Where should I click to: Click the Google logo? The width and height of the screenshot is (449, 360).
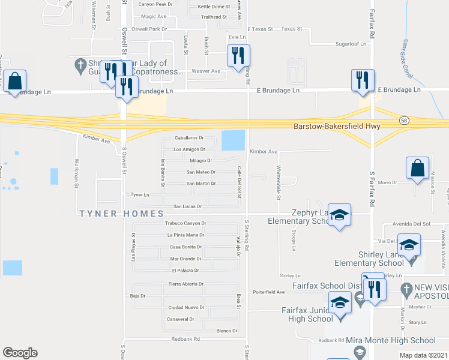pyautogui.click(x=20, y=352)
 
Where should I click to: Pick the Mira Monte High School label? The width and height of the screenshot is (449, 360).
pyautogui.click(x=391, y=340)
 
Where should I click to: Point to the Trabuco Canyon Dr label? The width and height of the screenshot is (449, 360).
pyautogui.click(x=185, y=223)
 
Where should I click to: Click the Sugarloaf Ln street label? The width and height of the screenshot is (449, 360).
pyautogui.click(x=351, y=44)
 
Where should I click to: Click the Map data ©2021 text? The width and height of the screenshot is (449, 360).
pyautogui.click(x=423, y=356)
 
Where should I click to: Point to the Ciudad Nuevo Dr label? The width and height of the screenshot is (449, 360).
pyautogui.click(x=186, y=307)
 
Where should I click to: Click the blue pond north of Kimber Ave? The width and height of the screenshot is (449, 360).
pyautogui.click(x=233, y=140)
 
